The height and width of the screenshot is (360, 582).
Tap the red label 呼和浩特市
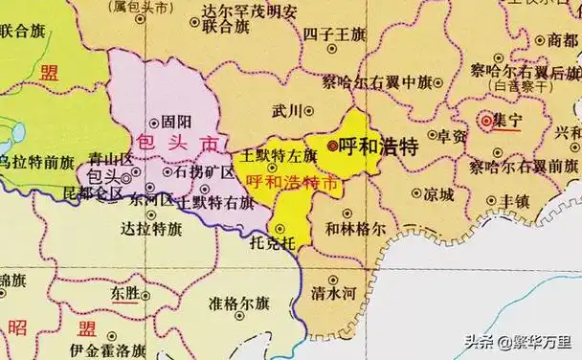291,180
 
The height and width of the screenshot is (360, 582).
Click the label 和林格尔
355,230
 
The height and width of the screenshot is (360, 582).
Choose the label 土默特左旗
279,154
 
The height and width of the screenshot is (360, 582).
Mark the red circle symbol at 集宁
486,121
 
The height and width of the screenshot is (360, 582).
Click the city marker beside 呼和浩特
332,146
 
